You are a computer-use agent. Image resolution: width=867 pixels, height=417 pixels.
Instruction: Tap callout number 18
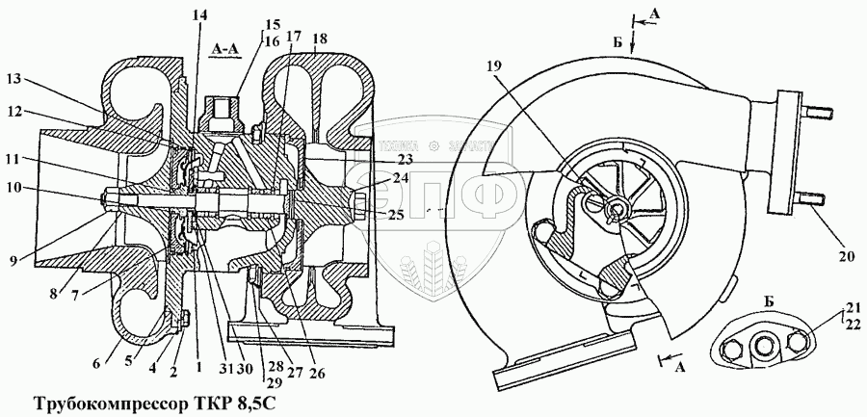coord(320,38)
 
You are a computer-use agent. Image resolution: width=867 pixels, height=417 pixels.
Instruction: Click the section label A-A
coord(230,45)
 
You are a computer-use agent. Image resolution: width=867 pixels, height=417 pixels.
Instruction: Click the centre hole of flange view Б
coord(767,349)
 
